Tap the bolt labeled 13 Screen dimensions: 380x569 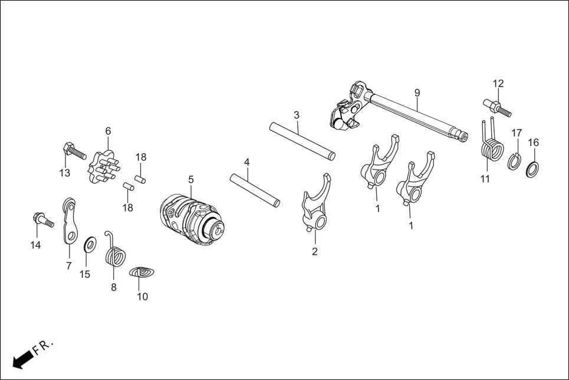tap(74, 153)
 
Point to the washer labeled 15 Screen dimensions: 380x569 tap(91, 243)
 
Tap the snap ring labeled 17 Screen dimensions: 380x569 tap(514, 161)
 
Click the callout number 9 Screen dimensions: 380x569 tap(417, 92)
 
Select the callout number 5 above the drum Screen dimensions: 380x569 tap(190, 179)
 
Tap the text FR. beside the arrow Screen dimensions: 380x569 tap(44, 347)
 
